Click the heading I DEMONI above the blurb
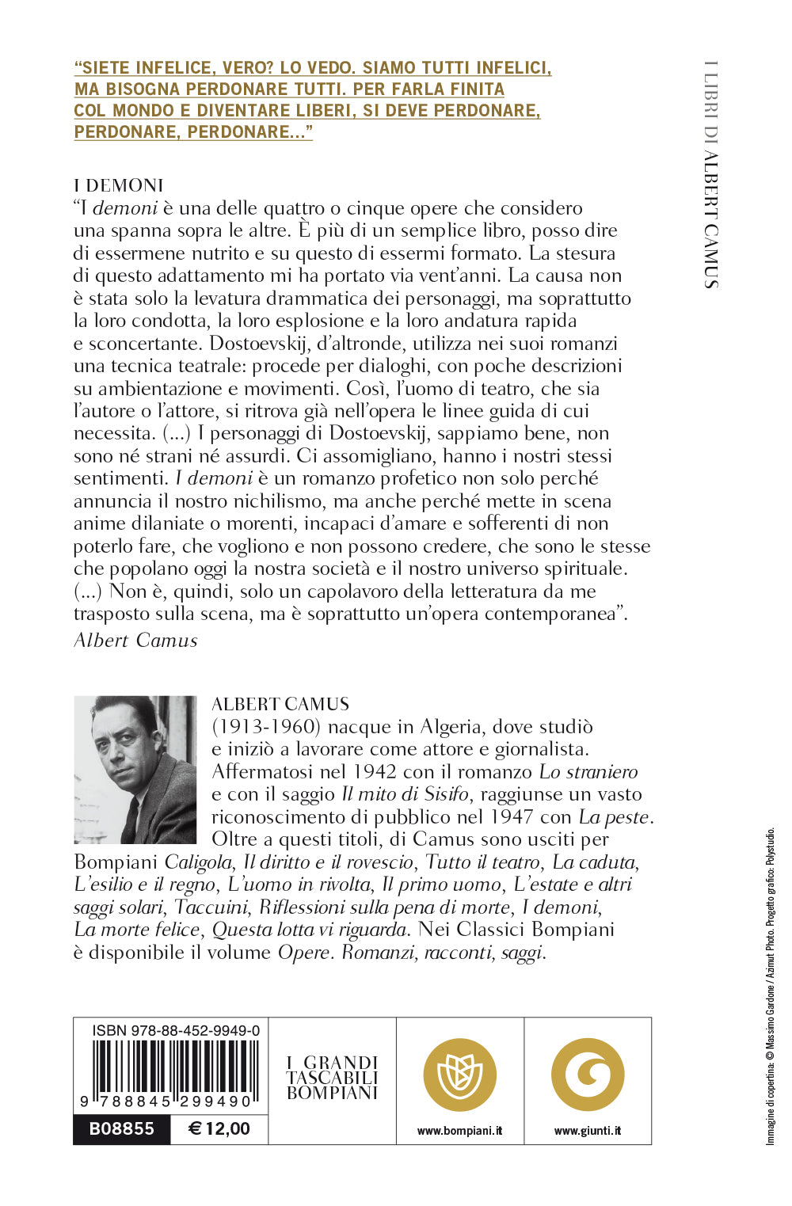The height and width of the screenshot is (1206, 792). click(119, 185)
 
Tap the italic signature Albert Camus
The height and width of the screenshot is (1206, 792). click(135, 640)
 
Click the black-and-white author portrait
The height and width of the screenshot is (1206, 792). click(135, 769)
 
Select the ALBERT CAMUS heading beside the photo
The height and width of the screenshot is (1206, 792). click(280, 704)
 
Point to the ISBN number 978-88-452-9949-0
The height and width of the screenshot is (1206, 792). click(176, 1030)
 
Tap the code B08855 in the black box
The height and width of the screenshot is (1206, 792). click(121, 1128)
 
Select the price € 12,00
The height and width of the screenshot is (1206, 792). click(219, 1128)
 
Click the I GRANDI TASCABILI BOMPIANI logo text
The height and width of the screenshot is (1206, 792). click(333, 1078)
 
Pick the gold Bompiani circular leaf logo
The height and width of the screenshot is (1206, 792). click(460, 1075)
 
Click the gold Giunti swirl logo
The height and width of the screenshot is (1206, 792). click(588, 1075)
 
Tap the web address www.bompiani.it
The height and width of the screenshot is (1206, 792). click(460, 1131)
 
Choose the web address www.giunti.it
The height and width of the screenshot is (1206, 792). click(588, 1131)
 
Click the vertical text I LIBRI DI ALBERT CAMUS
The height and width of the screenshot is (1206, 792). click(711, 174)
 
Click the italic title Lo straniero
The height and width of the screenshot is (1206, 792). click(588, 771)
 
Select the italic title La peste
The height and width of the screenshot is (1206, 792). click(615, 816)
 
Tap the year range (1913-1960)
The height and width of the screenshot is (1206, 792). click(264, 726)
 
